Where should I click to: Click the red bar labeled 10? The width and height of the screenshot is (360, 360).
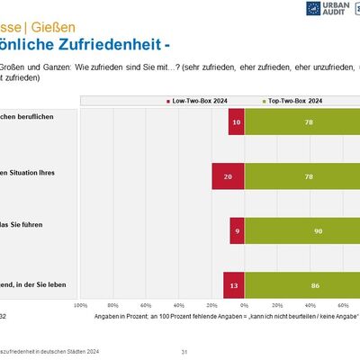(x=236, y=121)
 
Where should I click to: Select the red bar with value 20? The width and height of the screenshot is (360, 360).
(x=228, y=176)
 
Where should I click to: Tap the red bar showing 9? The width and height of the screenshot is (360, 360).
(x=237, y=230)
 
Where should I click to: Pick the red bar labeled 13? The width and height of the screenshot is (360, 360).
(x=234, y=285)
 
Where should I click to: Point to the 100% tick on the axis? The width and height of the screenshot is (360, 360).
(x=80, y=306)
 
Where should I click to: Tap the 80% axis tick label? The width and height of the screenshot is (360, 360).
(x=113, y=306)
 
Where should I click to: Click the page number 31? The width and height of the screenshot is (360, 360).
(x=184, y=351)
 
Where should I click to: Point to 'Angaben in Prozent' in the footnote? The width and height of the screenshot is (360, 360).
(x=130, y=317)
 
